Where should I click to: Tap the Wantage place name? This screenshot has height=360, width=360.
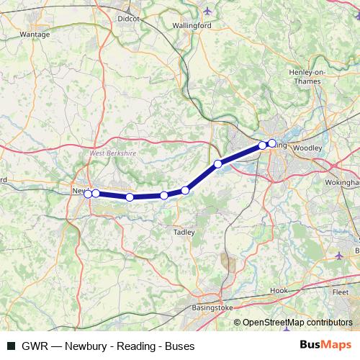tap(35, 34)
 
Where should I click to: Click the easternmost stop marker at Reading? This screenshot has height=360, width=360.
tap(272, 143)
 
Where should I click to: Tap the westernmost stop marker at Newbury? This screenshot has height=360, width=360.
tap(88, 194)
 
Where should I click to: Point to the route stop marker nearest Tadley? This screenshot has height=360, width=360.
tap(185, 190)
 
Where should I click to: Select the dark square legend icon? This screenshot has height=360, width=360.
tap(11, 346)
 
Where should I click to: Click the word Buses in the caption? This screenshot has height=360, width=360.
tap(179, 346)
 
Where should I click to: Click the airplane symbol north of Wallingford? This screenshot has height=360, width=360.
tap(209, 11)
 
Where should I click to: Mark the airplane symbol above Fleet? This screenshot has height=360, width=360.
tap(340, 256)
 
